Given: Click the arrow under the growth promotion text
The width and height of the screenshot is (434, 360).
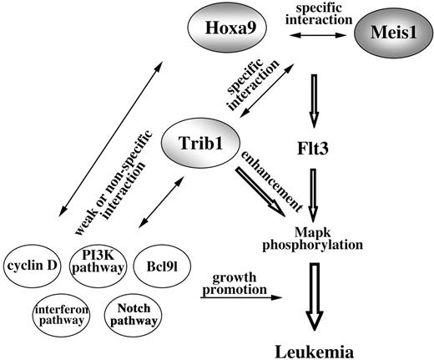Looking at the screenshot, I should (235, 295).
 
